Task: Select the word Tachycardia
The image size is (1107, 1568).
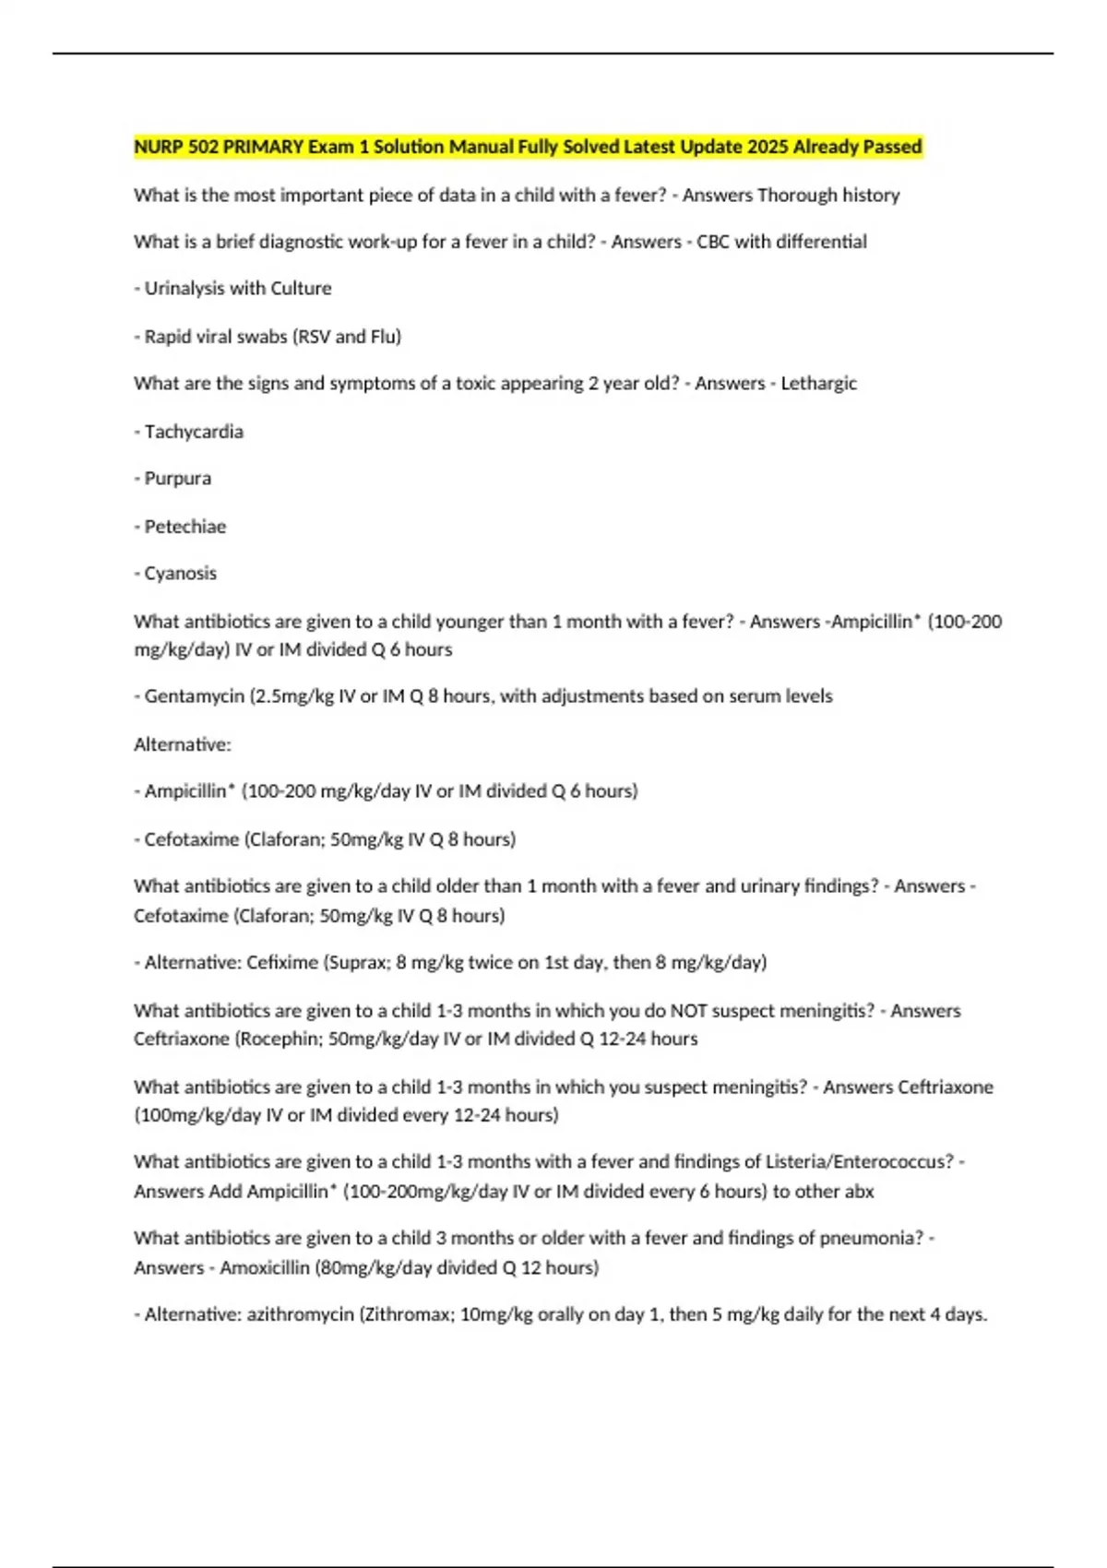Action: pyautogui.click(x=194, y=432)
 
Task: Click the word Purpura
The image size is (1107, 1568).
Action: pyautogui.click(x=178, y=479)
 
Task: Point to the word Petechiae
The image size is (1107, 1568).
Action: pyautogui.click(x=185, y=527)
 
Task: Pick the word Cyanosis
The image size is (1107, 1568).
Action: pyautogui.click(x=181, y=574)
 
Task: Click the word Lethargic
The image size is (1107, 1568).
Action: pyautogui.click(x=819, y=384)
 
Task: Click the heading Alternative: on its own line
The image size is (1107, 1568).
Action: pyautogui.click(x=183, y=744)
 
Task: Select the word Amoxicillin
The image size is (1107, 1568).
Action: pyautogui.click(x=265, y=1267)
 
